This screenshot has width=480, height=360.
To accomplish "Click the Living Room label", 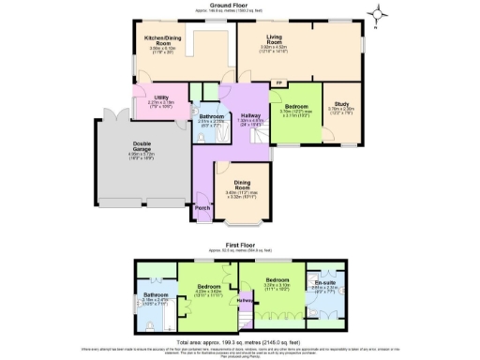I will pos(274,40).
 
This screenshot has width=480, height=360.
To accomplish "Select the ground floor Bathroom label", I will pos(210,118).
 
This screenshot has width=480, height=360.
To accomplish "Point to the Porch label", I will pos(200,210).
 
